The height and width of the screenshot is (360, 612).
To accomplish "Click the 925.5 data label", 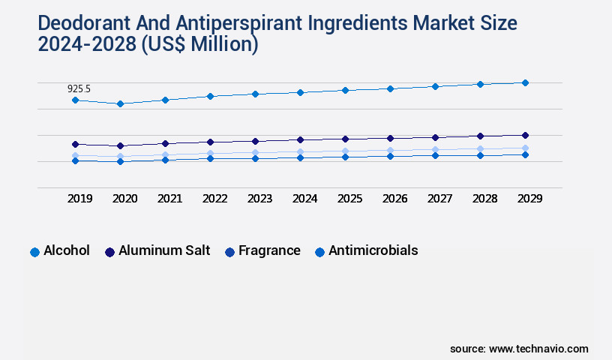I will pos(79,89).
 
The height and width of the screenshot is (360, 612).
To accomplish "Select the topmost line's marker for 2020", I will pos(120,103).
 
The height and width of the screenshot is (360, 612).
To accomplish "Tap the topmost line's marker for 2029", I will pos(525,82).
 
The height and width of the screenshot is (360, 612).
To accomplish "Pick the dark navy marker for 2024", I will pos(300,139).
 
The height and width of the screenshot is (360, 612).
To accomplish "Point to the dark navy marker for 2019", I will pos(75,144).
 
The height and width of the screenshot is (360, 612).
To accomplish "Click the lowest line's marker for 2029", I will pos(525,154).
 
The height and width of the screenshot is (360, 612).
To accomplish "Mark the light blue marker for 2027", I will pos(435,150).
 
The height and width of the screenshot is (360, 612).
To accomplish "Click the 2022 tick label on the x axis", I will pos(214,199).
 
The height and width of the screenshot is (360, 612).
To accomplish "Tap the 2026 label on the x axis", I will pos(394,199).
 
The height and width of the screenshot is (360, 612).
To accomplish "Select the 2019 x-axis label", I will pos(79,199).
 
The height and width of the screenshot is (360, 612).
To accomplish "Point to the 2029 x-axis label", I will pos(529,199).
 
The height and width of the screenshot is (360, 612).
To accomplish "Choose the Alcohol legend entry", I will pos(66,250).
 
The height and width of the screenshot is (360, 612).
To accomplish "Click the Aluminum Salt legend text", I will pos(164,250).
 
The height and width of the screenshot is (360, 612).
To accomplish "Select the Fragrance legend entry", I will pos(269,250).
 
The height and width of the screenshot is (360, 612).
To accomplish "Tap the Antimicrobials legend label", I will pos(373,250).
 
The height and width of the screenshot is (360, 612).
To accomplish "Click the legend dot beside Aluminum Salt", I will pos(109,252).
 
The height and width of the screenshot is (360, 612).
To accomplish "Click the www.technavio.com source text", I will pos(538,349).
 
